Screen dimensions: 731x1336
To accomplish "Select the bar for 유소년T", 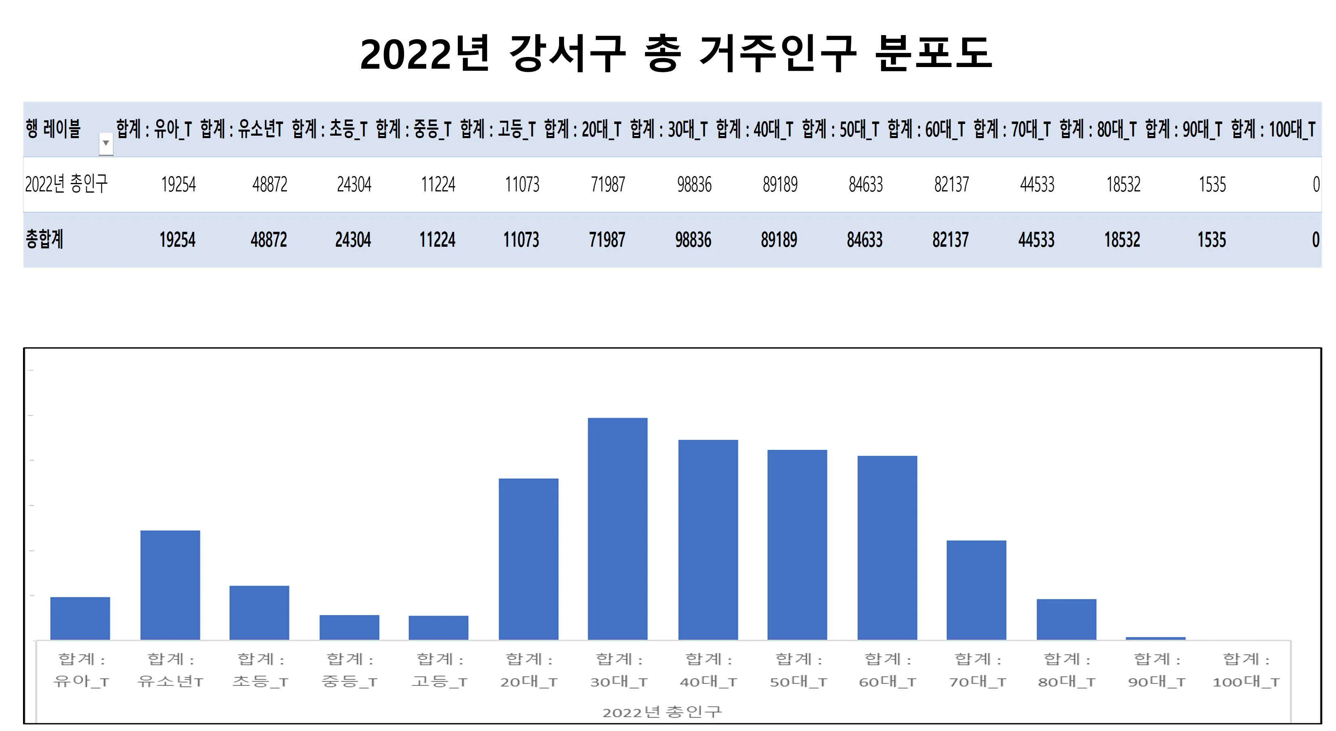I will [170, 585].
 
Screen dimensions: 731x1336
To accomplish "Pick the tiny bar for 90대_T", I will [1156, 638].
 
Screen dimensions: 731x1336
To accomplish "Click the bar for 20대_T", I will [528, 559].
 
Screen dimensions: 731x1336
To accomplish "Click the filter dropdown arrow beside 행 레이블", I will [106, 143].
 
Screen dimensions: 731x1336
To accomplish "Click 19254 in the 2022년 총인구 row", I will [178, 185].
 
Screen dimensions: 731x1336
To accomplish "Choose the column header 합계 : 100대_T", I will [1273, 129].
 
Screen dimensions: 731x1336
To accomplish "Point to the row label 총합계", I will [45, 239].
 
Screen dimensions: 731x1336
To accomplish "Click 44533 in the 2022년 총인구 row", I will [1037, 185].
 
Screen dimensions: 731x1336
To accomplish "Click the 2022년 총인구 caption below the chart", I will [662, 712].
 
